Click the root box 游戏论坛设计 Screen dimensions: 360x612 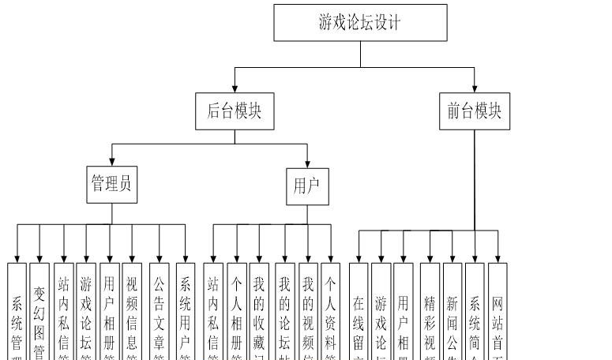tap(360, 22)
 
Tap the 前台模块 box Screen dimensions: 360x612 tap(475, 111)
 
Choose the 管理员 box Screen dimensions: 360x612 tap(111, 185)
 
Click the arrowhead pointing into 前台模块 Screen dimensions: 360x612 tap(475, 88)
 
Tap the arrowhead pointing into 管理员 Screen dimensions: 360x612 tap(111, 162)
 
